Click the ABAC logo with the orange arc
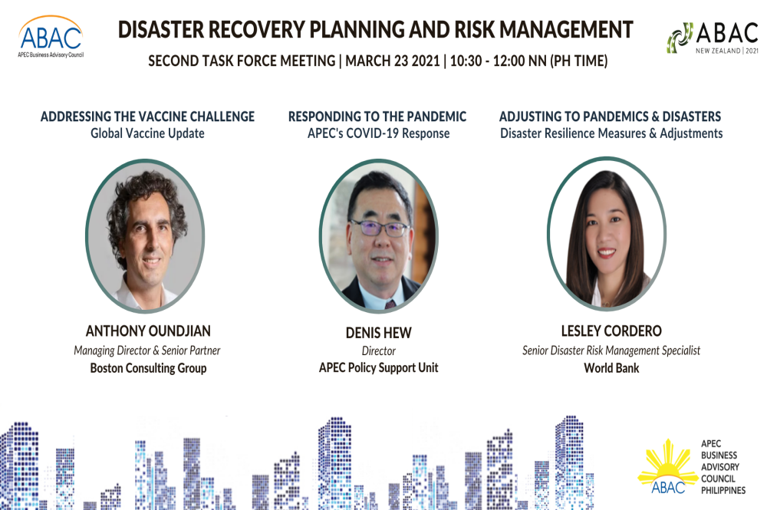[51, 37]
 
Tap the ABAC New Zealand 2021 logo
[713, 38]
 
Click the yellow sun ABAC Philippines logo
[692, 467]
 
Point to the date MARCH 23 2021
[392, 61]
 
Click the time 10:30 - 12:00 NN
[498, 61]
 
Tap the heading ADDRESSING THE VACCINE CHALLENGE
[147, 117]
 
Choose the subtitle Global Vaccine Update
[147, 133]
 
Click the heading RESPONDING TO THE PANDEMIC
[377, 117]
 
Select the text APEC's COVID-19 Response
[378, 133]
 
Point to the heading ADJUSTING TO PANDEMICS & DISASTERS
[610, 117]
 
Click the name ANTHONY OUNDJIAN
[148, 331]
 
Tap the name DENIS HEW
[379, 333]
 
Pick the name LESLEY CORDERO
[611, 331]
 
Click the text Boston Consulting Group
[148, 367]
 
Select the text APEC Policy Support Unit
[379, 367]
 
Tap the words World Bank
[611, 367]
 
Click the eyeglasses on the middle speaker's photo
[380, 227]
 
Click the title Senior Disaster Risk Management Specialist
[611, 350]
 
